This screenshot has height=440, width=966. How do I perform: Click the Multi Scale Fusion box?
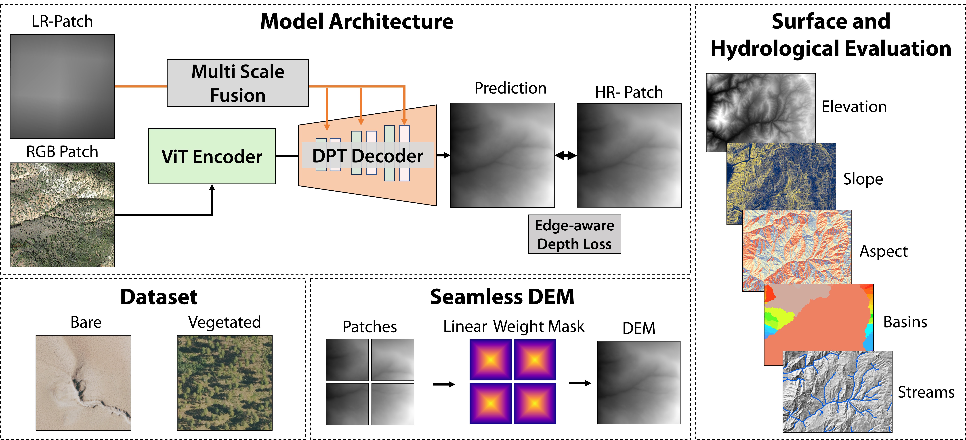[x=238, y=83]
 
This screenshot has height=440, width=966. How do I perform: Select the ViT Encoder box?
[x=212, y=156]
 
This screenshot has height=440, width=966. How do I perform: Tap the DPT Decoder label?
[x=367, y=156]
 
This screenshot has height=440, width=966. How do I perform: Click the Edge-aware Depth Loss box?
[x=574, y=235]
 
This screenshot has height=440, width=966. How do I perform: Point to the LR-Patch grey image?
[x=62, y=87]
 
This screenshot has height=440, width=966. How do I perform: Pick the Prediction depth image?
[x=502, y=155]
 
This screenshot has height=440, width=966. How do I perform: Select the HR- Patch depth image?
[x=629, y=155]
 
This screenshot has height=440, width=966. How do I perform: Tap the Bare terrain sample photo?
[x=83, y=383]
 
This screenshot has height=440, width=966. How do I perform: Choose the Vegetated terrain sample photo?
[x=225, y=383]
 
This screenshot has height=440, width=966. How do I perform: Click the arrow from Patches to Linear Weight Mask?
[x=444, y=384]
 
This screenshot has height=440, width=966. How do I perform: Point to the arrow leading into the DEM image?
[x=580, y=383]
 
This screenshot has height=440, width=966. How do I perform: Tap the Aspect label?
[x=884, y=251]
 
